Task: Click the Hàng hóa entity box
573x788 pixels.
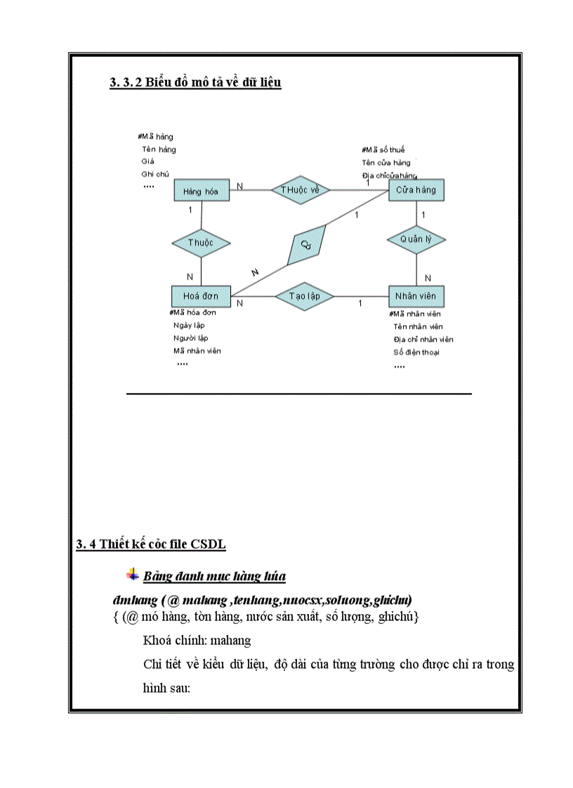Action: tap(201, 191)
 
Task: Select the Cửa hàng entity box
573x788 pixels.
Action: tap(416, 190)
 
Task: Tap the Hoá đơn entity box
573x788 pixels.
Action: tap(201, 296)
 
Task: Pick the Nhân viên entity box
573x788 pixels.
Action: tap(416, 296)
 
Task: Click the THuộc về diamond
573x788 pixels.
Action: tap(300, 189)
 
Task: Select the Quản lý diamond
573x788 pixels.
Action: tap(416, 239)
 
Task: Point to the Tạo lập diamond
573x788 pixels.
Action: tap(304, 296)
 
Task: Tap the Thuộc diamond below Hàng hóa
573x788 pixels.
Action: tap(201, 243)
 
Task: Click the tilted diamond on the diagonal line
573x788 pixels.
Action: tap(306, 244)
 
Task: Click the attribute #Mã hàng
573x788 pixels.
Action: tap(156, 137)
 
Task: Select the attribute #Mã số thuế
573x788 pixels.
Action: tap(383, 149)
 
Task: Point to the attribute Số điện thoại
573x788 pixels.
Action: tap(416, 352)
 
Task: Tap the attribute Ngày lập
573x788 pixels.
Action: tap(189, 326)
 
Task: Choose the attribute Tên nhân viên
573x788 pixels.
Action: tap(418, 327)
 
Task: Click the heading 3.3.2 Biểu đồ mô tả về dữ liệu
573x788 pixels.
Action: tap(195, 83)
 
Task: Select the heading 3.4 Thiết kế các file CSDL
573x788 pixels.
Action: tap(151, 545)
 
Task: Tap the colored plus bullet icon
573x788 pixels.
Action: tap(132, 575)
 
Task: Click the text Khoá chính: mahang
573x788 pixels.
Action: tap(197, 641)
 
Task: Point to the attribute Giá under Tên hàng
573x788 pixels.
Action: tap(147, 161)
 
